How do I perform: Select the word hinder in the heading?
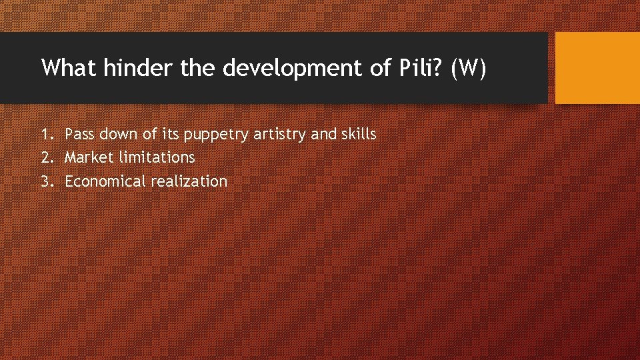click(140, 68)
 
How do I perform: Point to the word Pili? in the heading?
click(415, 68)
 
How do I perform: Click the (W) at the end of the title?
click(469, 68)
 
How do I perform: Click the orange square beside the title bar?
click(597, 68)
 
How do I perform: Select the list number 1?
click(45, 135)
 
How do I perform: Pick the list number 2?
click(45, 158)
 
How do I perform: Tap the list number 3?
click(45, 181)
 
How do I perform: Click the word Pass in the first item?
click(80, 135)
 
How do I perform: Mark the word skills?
click(359, 135)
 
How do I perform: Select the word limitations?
click(156, 158)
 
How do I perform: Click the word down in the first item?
click(120, 135)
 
